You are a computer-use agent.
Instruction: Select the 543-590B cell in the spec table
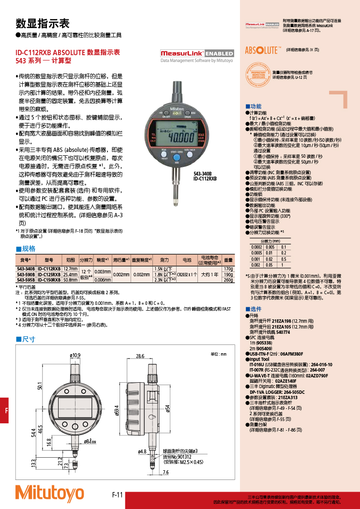(x=26, y=274)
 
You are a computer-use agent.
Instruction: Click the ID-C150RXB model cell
(x=49, y=280)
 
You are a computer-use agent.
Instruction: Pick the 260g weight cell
(x=228, y=280)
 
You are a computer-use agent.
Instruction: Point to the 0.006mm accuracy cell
(x=103, y=280)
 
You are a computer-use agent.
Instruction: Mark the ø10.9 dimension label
(x=75, y=356)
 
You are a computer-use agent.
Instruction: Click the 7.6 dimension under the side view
(x=165, y=472)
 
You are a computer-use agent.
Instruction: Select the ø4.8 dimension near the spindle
(x=142, y=451)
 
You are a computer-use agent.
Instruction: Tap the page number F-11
(x=118, y=494)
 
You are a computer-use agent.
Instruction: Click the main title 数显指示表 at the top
(x=43, y=24)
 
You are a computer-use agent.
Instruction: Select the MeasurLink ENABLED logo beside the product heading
(x=196, y=53)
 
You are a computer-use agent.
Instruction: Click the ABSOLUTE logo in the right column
(x=263, y=50)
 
